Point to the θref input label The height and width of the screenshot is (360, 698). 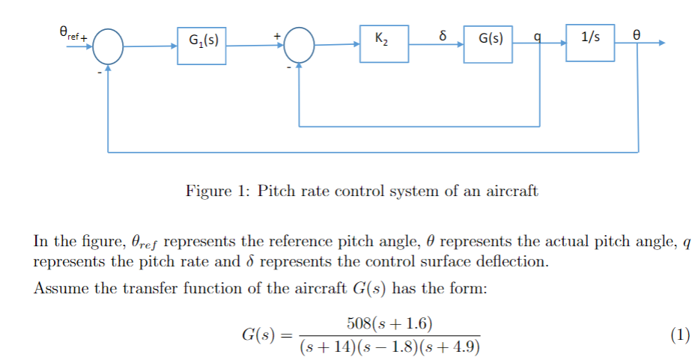[x=71, y=33]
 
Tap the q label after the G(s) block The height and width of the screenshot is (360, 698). [x=537, y=36]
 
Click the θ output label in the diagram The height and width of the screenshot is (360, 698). [x=637, y=35]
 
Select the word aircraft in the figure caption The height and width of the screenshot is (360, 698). [x=512, y=191]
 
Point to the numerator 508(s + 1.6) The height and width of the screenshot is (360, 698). [x=389, y=323]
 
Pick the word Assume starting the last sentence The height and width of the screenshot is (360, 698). [x=58, y=289]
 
